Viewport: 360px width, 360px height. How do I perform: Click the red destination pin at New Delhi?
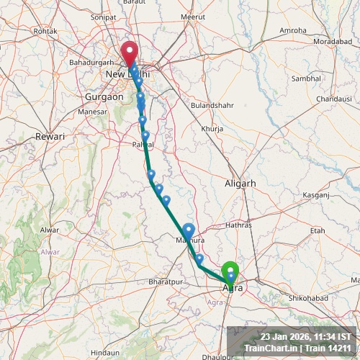coord(130,53)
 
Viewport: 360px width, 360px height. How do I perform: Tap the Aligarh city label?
coord(240,184)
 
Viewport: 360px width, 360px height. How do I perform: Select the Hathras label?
coord(238,225)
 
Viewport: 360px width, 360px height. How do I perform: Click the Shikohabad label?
coord(308,298)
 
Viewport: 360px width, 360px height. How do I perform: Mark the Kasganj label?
coord(315,195)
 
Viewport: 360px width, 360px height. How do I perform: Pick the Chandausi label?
coord(333,98)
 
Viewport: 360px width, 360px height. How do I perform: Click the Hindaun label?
coord(105,352)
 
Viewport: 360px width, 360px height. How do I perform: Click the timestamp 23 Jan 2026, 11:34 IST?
coord(306,336)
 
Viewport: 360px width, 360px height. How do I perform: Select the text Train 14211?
coord(330,348)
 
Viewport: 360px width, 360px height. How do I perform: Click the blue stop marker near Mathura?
coord(189,229)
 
